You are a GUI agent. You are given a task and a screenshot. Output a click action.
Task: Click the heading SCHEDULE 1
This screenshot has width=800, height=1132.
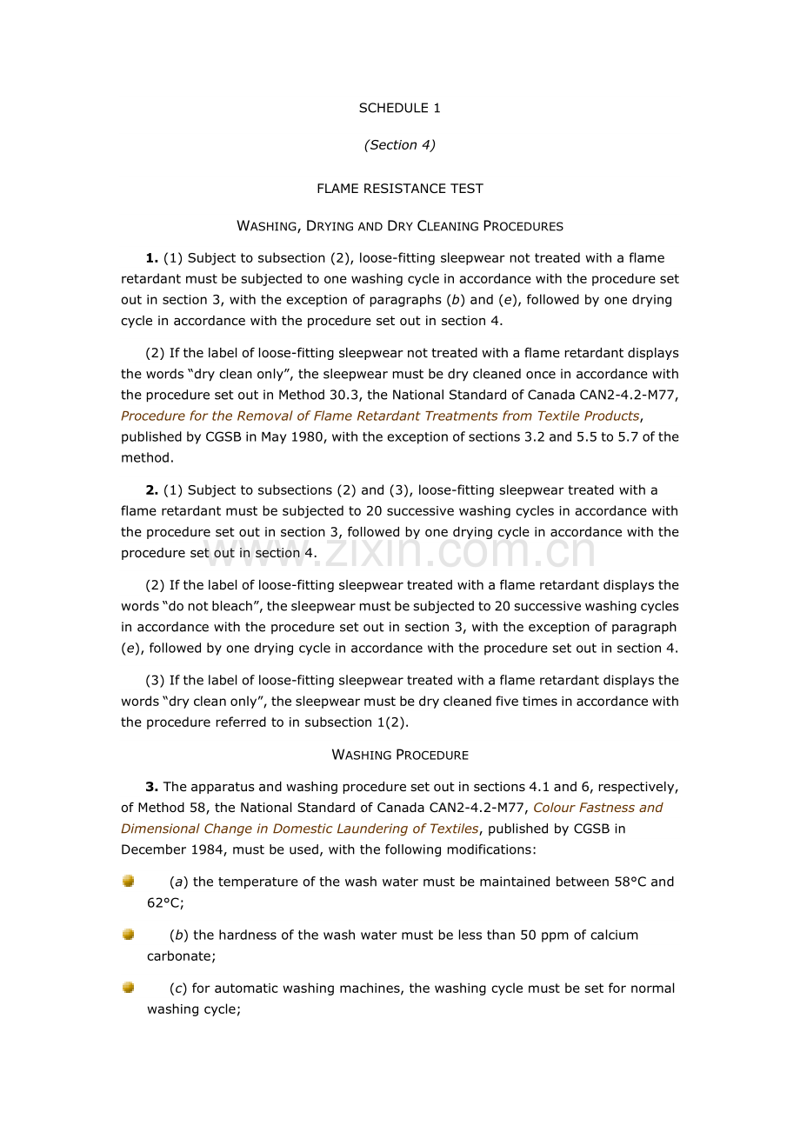[x=399, y=108]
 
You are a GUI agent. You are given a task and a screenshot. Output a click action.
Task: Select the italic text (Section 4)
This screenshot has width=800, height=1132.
[x=399, y=145]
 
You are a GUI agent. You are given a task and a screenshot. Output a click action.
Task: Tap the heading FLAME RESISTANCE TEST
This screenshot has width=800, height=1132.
[x=399, y=189]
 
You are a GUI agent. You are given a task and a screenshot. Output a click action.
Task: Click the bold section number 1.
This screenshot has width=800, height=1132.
[x=151, y=258]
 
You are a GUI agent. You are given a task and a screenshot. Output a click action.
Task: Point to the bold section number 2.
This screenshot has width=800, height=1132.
[x=151, y=490]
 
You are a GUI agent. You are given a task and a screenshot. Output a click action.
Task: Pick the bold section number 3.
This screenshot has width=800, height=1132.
[x=151, y=787]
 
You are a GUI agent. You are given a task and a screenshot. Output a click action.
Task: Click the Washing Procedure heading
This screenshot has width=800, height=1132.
[x=400, y=755]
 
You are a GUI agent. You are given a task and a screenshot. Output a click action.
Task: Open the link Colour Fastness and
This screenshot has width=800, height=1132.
[x=597, y=808]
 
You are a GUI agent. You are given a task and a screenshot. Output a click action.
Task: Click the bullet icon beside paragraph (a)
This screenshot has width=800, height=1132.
[x=129, y=882]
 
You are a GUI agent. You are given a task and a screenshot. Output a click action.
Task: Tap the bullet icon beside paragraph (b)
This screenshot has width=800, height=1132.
[x=129, y=935]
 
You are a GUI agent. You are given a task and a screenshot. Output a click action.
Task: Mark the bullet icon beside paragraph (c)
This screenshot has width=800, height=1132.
[x=129, y=988]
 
